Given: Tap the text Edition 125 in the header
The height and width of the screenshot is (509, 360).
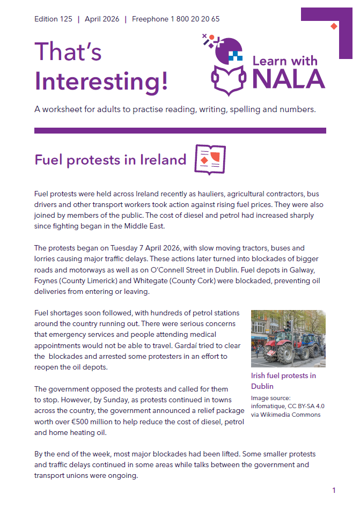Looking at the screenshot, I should pyautogui.click(x=53, y=19).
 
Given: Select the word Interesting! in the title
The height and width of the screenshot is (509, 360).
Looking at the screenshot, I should pyautogui.click(x=101, y=81).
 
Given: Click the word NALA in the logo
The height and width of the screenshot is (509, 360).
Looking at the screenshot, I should pyautogui.click(x=288, y=78).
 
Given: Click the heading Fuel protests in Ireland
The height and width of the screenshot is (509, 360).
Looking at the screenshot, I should pyautogui.click(x=110, y=160).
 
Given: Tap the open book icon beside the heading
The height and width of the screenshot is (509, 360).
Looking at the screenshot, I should pyautogui.click(x=210, y=159).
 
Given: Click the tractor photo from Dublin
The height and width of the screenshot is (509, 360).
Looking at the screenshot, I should pyautogui.click(x=288, y=338).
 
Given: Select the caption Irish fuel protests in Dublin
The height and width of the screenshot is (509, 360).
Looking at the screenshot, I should pyautogui.click(x=283, y=381).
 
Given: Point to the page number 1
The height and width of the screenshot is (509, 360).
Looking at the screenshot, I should pyautogui.click(x=334, y=490).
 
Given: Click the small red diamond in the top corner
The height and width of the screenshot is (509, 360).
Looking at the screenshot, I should pyautogui.click(x=334, y=26).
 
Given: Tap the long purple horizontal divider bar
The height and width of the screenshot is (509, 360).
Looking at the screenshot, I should pyautogui.click(x=180, y=130).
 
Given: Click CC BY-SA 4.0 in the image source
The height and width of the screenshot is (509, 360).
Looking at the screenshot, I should pyautogui.click(x=306, y=406).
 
